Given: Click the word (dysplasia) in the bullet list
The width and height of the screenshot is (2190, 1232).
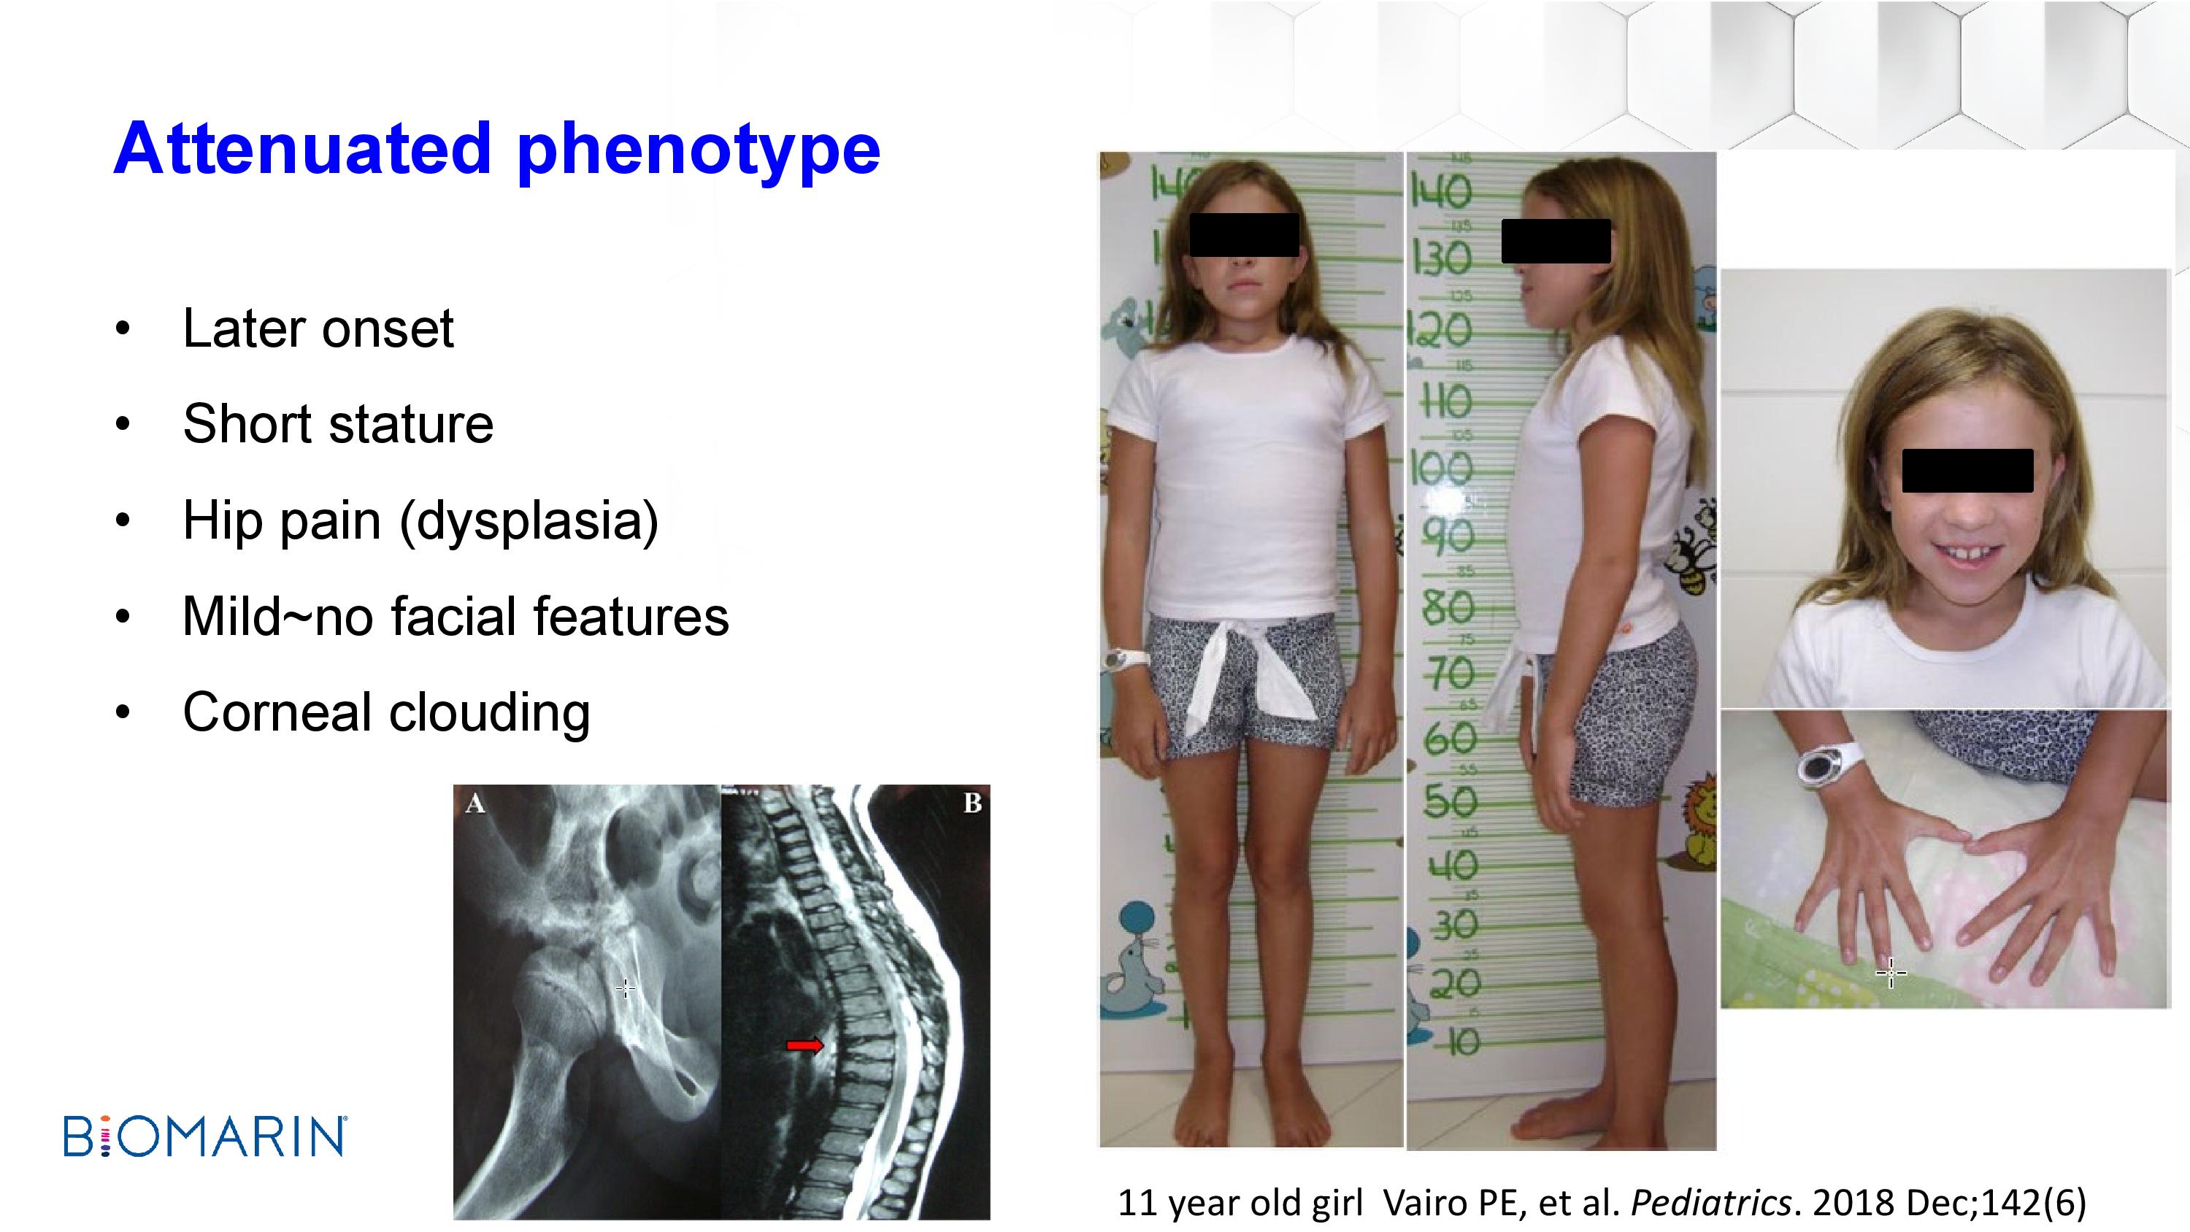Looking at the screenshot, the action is point(529,521).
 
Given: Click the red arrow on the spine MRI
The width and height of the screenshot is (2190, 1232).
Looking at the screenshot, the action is point(804,1045).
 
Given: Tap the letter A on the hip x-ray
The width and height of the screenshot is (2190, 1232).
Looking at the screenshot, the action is point(475,804).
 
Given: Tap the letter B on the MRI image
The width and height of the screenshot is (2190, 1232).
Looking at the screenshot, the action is point(972,803).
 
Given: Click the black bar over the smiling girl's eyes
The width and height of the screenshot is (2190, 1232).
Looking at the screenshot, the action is point(1967,471).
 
